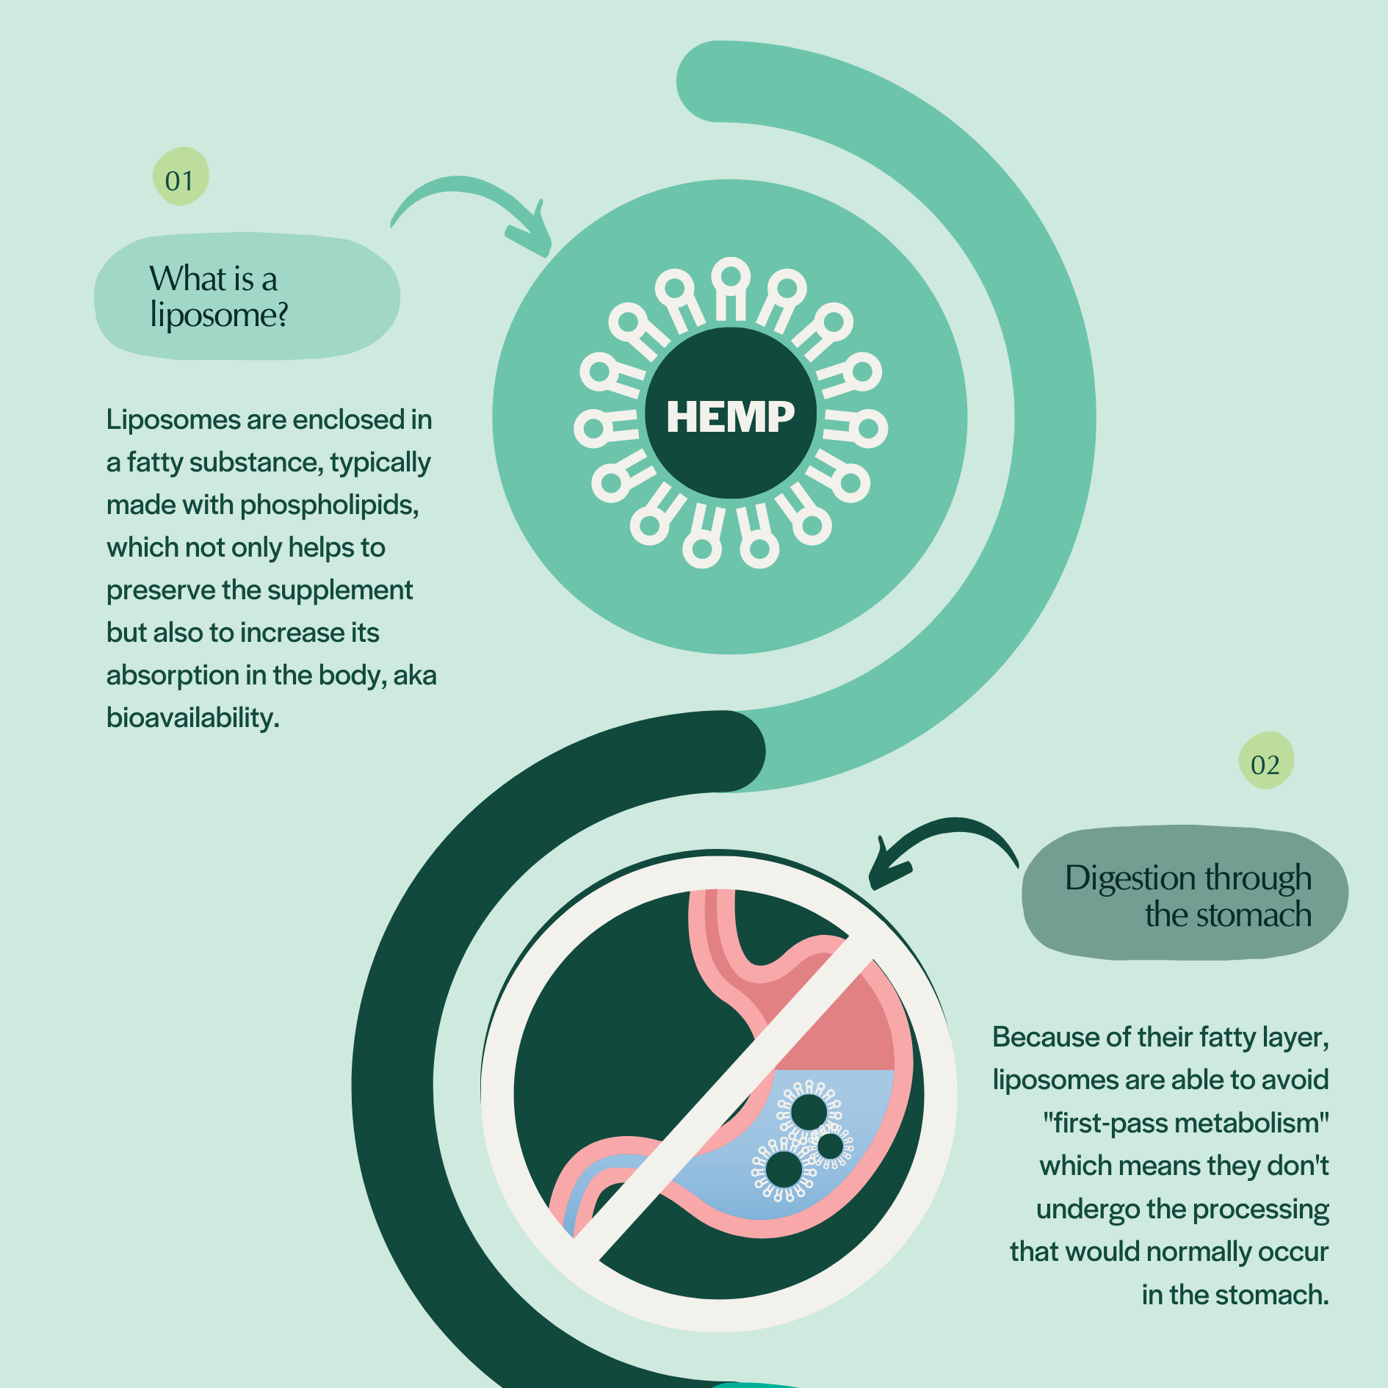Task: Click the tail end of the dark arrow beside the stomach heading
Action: (x=1018, y=867)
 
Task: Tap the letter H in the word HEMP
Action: (x=682, y=417)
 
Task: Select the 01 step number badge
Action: (x=181, y=176)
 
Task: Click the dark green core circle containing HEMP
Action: (x=730, y=413)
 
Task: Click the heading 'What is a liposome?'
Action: (x=219, y=297)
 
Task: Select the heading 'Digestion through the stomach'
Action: (x=1188, y=896)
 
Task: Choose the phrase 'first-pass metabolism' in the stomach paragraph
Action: (x=1186, y=1123)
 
